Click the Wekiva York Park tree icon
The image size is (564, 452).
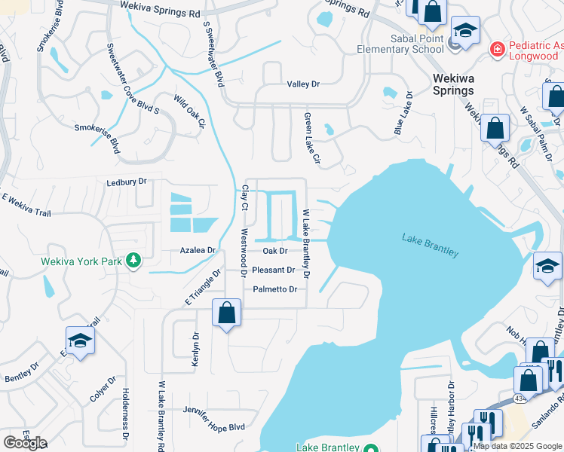tap(133, 261)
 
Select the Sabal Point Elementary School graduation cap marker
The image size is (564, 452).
tap(465, 31)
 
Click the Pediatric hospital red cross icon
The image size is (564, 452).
tap(497, 50)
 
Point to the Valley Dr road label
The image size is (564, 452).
tap(303, 84)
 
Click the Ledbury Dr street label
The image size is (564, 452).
tap(126, 182)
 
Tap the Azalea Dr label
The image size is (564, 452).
tap(198, 250)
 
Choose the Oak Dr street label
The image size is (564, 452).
tap(275, 251)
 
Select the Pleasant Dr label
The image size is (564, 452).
tap(274, 270)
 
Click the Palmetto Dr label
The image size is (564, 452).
tap(275, 289)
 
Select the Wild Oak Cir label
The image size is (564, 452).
tap(189, 111)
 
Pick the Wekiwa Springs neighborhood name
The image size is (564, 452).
tap(453, 84)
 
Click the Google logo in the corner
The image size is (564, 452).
tap(24, 443)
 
